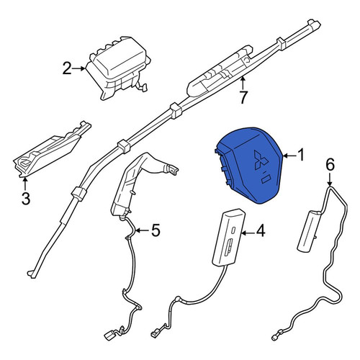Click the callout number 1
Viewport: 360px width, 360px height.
(x=301, y=155)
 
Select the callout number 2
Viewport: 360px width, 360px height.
(x=67, y=68)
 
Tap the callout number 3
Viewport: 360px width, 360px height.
(x=26, y=198)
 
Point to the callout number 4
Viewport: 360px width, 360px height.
(x=261, y=231)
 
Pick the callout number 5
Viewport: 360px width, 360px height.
(x=156, y=230)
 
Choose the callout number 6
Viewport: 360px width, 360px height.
(x=330, y=165)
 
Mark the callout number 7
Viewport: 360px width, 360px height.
(x=243, y=97)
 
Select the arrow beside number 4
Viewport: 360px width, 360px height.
(x=248, y=232)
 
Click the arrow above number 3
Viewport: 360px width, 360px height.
(x=25, y=184)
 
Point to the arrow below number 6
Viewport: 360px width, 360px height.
(x=330, y=179)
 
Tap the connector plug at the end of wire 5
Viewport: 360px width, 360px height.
(x=109, y=335)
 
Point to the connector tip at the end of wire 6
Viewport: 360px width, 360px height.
(x=274, y=338)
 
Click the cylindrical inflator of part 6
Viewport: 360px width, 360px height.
(x=309, y=230)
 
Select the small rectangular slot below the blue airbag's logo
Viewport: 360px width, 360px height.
(x=266, y=179)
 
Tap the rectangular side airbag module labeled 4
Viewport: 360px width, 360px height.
(x=229, y=238)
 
